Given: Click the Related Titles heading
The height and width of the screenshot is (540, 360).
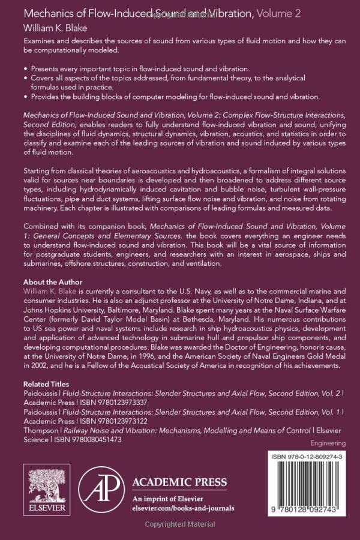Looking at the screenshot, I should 46,384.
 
